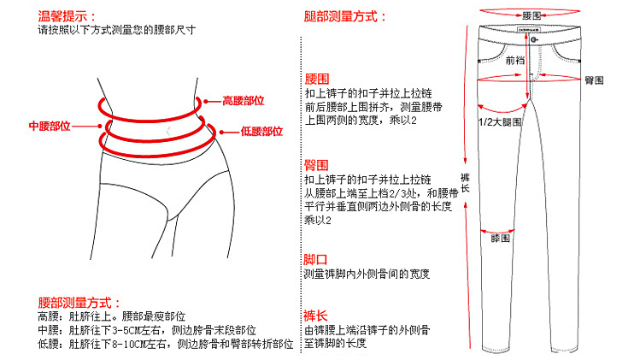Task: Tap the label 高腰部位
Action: click(x=243, y=100)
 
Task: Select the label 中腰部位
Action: click(x=50, y=126)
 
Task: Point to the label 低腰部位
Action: click(x=261, y=132)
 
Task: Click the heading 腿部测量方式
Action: click(x=346, y=16)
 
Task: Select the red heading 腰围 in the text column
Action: click(x=316, y=79)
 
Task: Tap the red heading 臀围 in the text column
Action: click(x=316, y=164)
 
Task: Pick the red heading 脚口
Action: click(x=316, y=259)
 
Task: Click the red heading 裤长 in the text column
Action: click(x=316, y=314)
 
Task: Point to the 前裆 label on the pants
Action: click(x=515, y=61)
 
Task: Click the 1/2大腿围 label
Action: click(x=499, y=123)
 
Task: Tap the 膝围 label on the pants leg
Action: click(x=500, y=239)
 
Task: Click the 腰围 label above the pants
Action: click(x=531, y=16)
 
